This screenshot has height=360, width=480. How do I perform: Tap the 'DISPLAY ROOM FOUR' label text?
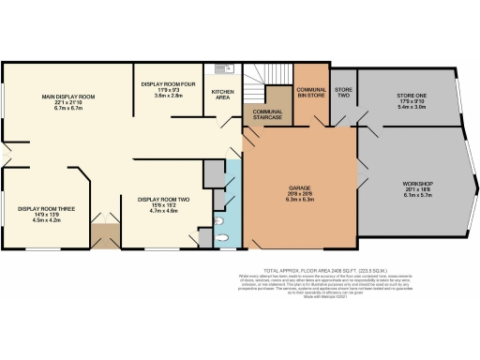click(x=167, y=84)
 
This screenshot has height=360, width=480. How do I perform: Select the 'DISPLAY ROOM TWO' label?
click(x=163, y=200)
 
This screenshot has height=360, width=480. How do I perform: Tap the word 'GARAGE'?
click(x=299, y=188)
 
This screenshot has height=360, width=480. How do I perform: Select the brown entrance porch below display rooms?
click(x=104, y=237)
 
